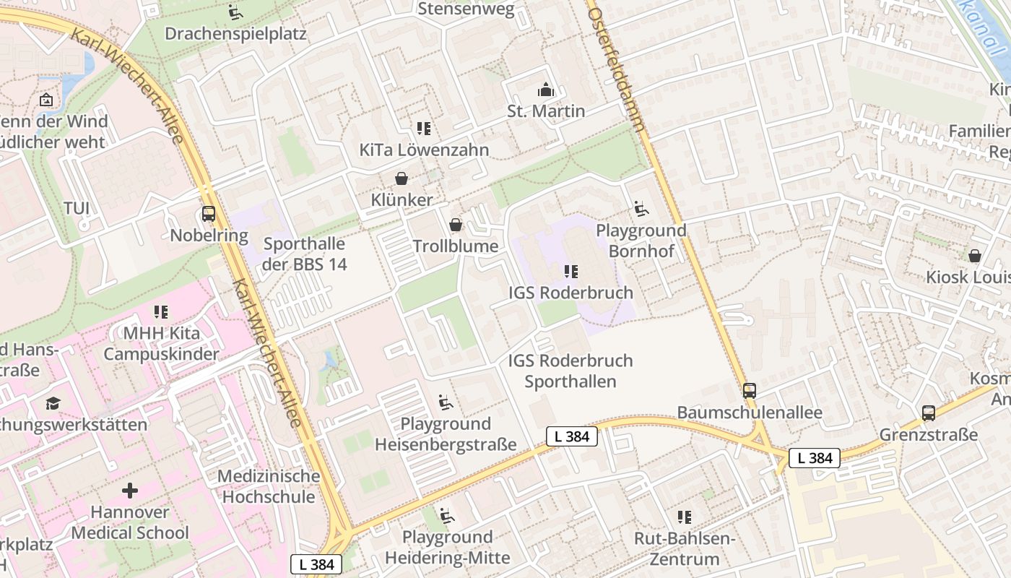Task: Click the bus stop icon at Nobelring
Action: (209, 214)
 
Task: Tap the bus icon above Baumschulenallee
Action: (750, 391)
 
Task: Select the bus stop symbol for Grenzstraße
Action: (929, 413)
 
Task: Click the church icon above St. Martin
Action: (546, 90)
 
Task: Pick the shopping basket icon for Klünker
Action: (402, 178)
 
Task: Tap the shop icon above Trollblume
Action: (456, 225)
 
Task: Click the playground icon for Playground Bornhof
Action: (641, 210)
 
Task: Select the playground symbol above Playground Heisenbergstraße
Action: (446, 402)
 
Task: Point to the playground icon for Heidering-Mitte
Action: (447, 516)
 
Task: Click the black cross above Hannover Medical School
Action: (130, 491)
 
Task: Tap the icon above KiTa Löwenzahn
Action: (424, 129)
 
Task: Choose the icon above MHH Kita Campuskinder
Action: (161, 312)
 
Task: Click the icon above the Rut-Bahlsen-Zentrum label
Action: (685, 517)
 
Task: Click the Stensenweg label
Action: (467, 9)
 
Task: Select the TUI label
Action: (77, 208)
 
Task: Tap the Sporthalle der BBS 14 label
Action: (304, 254)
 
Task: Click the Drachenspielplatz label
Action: (235, 33)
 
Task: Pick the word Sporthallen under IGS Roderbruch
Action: (570, 381)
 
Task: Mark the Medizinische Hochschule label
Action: (269, 486)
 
